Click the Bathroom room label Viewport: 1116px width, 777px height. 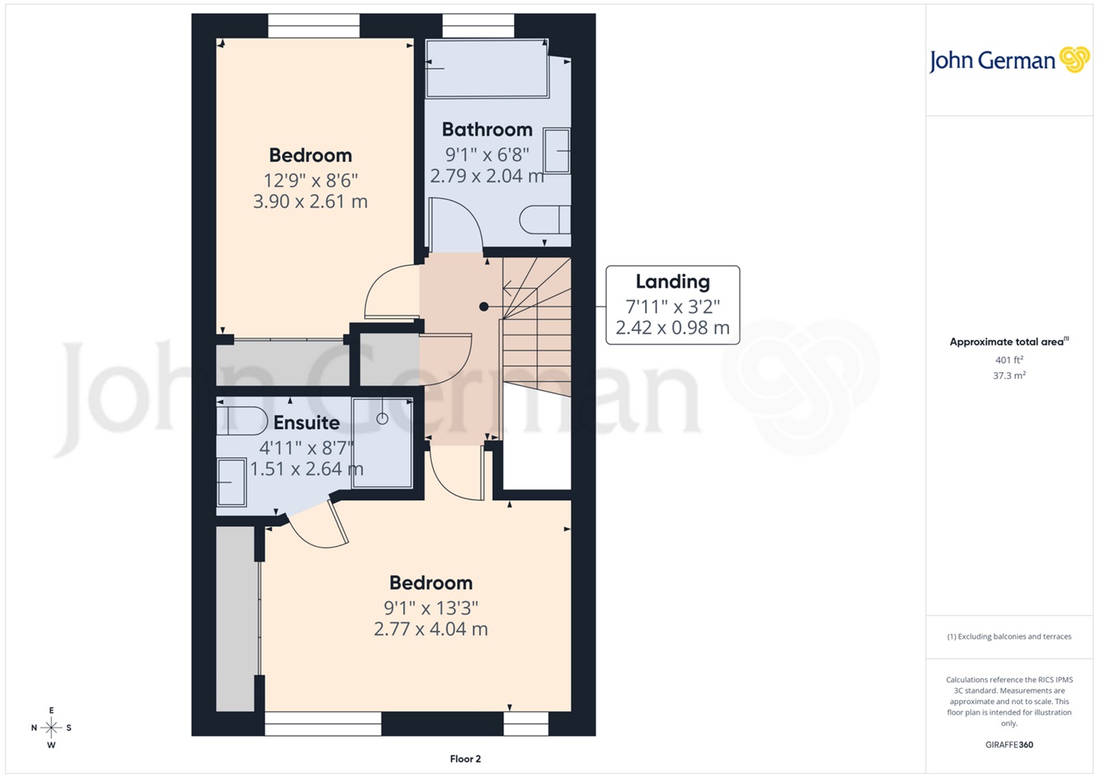(486, 129)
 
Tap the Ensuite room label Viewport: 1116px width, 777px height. (306, 422)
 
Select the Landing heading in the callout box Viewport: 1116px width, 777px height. (673, 282)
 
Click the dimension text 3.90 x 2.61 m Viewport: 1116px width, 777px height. (310, 202)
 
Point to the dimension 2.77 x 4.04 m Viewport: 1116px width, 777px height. (431, 629)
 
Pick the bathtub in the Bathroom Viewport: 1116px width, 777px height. (487, 69)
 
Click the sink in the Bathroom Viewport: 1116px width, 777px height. (556, 151)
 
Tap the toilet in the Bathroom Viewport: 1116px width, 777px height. (544, 219)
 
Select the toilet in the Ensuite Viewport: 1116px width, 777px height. (241, 421)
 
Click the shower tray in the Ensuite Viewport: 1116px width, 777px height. (382, 443)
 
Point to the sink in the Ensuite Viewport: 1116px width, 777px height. (231, 482)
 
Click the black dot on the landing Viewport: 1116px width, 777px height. (484, 307)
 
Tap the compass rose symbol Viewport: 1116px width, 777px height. (51, 728)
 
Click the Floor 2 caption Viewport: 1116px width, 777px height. (465, 758)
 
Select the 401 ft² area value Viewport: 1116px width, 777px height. (1009, 360)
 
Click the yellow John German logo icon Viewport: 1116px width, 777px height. (1075, 59)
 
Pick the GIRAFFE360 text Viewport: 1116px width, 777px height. (1009, 745)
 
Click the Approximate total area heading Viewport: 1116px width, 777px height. (1008, 342)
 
